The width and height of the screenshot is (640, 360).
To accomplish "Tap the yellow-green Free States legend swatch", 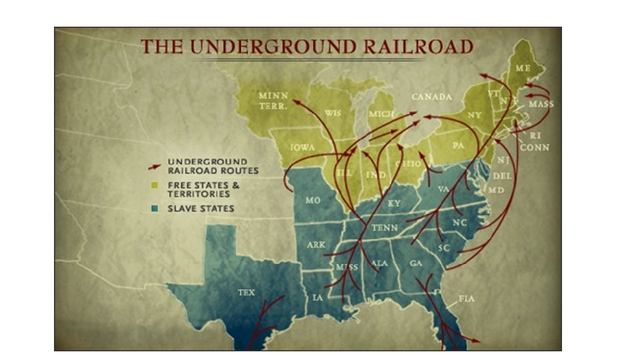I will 155,185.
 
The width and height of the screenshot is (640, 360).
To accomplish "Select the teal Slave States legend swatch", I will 155,209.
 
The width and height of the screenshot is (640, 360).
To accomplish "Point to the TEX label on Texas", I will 246,293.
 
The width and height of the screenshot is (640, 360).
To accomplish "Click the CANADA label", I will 431,97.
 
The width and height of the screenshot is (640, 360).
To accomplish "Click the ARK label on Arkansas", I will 316,245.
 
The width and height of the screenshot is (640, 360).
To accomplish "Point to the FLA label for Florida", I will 467,299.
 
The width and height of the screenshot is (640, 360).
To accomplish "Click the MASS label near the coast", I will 541,105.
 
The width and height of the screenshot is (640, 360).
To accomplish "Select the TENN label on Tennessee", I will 384,227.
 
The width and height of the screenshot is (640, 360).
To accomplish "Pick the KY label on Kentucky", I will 394,203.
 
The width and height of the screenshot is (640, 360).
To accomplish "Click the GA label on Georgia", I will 416,263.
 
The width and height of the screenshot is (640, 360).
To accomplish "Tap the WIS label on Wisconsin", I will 332,113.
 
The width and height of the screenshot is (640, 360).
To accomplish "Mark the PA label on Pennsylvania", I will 458,145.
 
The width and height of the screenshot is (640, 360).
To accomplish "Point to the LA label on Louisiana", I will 318,297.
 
